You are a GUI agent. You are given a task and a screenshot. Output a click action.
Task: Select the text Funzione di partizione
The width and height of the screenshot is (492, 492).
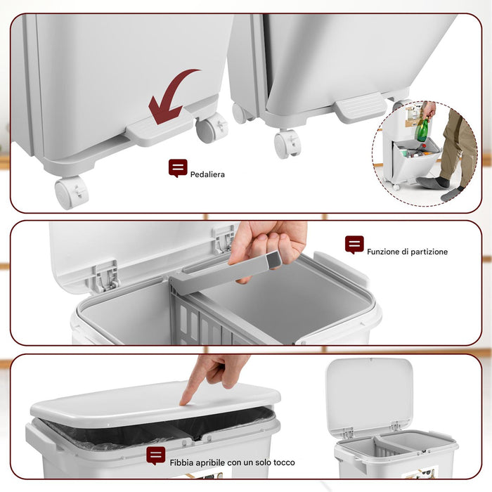click(x=407, y=251)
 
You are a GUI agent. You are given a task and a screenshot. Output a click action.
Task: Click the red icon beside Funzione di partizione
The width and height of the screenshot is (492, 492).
click(x=354, y=245)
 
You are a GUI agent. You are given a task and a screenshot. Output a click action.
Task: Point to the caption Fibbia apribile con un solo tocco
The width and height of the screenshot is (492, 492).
click(x=232, y=462)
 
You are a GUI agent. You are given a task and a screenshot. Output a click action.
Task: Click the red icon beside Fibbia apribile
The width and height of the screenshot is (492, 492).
click(x=156, y=455)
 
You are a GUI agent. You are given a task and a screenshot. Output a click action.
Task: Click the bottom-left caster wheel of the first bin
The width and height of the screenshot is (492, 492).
click(x=71, y=192)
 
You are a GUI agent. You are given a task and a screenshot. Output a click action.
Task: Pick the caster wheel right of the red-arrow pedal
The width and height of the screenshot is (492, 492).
click(x=212, y=128)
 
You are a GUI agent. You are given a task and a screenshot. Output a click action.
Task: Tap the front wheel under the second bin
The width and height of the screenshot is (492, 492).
click(x=287, y=144)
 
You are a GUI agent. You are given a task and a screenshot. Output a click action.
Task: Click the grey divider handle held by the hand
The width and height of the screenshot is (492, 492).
click(x=225, y=274)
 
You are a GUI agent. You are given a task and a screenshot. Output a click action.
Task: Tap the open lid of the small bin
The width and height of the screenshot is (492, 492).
click(x=369, y=393)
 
